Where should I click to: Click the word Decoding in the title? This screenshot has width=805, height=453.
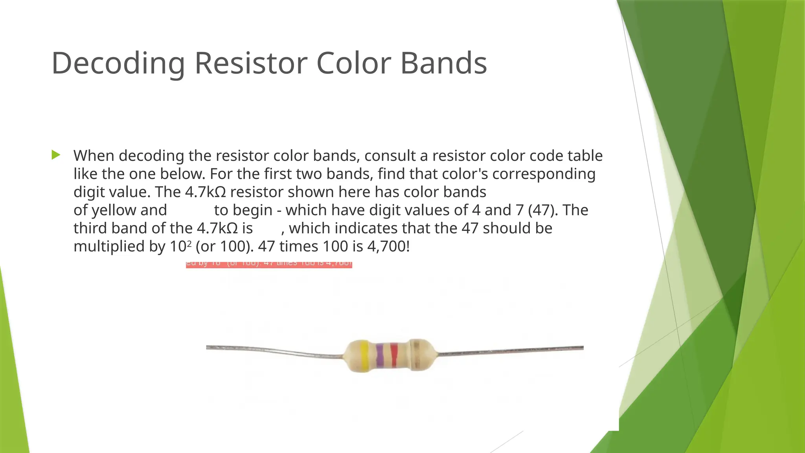click(x=118, y=63)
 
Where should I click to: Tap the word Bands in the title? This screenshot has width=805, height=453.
click(x=444, y=63)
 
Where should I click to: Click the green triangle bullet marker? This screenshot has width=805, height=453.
click(x=56, y=155)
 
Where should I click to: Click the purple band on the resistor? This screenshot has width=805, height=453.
click(x=380, y=356)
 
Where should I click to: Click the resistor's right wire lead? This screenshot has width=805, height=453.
click(x=511, y=350)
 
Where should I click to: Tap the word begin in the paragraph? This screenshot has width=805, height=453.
click(x=252, y=210)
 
